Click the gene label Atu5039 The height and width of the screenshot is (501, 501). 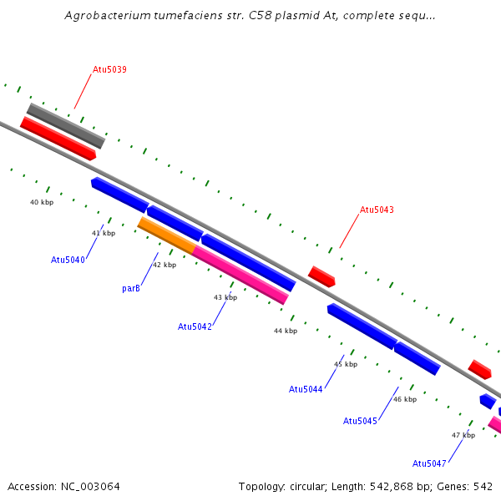point(109,69)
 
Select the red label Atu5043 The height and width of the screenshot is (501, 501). point(377,210)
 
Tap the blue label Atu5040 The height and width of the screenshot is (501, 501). point(68,260)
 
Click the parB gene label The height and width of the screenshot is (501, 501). point(130,288)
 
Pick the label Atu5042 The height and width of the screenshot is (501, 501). point(195,326)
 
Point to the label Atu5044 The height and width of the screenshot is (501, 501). point(306,389)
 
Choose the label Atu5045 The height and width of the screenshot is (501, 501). point(360,421)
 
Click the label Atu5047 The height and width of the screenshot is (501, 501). point(429,463)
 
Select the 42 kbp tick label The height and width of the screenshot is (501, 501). point(164,266)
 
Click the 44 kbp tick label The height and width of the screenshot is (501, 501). point(286,331)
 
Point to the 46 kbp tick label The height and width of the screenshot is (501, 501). point(405,399)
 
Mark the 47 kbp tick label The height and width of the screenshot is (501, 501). point(463,435)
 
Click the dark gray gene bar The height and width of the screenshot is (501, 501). point(65,125)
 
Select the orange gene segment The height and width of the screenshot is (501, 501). point(165,235)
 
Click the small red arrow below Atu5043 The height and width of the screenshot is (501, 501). point(321,276)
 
